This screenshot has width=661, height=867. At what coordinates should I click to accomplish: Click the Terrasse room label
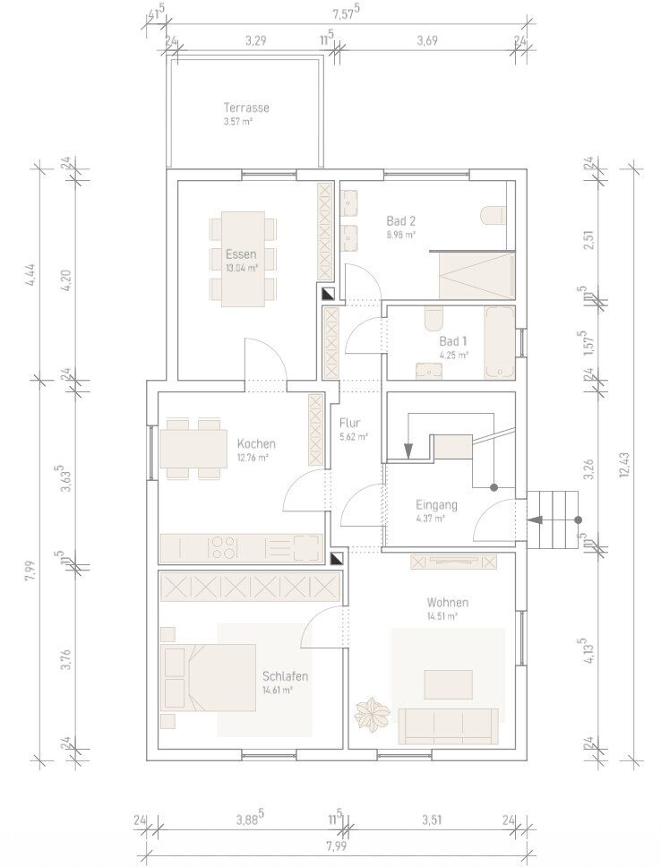pyautogui.click(x=246, y=107)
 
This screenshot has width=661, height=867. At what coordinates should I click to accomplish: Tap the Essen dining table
pyautogui.click(x=243, y=259)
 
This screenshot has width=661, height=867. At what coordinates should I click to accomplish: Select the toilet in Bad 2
pyautogui.click(x=493, y=216)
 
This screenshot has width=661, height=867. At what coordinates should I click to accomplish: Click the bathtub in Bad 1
pyautogui.click(x=500, y=343)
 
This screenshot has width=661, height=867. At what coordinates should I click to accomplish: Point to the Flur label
pyautogui.click(x=350, y=423)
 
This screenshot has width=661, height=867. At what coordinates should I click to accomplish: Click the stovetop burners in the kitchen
pyautogui.click(x=222, y=547)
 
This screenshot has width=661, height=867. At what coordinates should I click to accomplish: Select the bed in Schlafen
pyautogui.click(x=208, y=677)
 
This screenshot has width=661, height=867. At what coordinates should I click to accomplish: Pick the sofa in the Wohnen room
pyautogui.click(x=448, y=726)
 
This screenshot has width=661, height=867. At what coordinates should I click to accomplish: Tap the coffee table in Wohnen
pyautogui.click(x=448, y=684)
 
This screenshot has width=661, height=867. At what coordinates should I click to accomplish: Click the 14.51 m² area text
pyautogui.click(x=442, y=616)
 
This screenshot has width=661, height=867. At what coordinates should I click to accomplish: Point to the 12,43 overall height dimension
pyautogui.click(x=625, y=464)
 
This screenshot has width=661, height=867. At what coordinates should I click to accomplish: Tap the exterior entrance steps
pyautogui.click(x=553, y=519)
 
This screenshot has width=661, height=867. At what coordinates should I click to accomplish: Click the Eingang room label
pyautogui.click(x=436, y=504)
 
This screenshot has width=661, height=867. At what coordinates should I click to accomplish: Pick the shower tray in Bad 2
pyautogui.click(x=476, y=275)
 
